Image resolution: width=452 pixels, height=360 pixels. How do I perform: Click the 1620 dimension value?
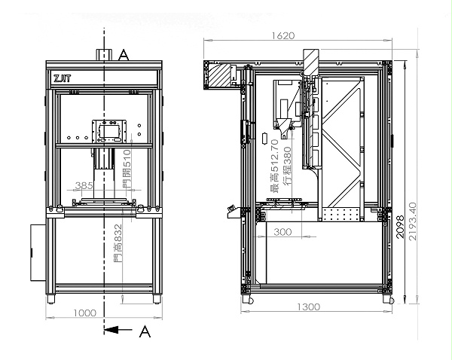tap(283, 35)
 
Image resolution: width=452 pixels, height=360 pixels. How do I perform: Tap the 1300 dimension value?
tap(308, 307)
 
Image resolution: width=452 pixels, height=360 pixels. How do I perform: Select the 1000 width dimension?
tap(84, 313)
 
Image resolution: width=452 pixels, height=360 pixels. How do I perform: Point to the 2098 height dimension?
tap(400, 227)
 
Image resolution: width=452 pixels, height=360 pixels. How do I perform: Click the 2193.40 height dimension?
tap(413, 221)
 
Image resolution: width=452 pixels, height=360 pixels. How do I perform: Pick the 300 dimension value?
tap(282, 231)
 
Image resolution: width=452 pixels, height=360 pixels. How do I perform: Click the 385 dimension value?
tap(84, 185)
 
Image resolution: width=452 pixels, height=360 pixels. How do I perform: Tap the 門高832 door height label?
tap(118, 243)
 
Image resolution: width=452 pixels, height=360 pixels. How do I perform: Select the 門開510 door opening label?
tap(127, 169)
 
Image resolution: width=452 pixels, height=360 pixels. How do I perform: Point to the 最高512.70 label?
tap(274, 166)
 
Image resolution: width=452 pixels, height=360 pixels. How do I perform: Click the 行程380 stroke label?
tap(287, 166)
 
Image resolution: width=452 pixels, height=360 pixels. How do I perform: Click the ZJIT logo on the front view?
tap(62, 78)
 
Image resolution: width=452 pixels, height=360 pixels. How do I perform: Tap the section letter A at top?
tap(124, 55)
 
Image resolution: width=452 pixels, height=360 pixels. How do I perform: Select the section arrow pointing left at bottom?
tap(118, 329)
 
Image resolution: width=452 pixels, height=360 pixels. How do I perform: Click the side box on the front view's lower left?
tap(38, 252)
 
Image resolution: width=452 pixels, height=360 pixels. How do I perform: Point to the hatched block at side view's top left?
tap(219, 75)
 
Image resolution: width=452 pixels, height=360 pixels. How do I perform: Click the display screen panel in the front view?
tap(109, 131)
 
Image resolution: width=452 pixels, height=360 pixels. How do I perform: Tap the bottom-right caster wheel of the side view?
tap(389, 299)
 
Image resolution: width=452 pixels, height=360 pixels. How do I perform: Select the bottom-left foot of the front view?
tap(51, 299)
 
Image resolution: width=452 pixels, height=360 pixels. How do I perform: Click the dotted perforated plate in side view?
tap(341, 215)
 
